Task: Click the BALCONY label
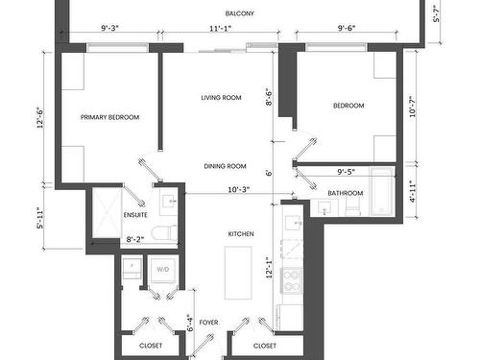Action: click(x=240, y=13)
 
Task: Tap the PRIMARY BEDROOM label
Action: click(x=109, y=117)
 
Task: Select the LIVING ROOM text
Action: click(x=221, y=98)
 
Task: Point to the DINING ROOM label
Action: click(x=225, y=166)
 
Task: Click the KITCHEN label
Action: click(x=241, y=234)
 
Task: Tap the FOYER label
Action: click(x=208, y=323)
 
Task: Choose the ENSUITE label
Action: click(x=135, y=215)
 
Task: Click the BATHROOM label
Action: click(x=346, y=193)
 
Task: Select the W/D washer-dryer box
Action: click(x=163, y=271)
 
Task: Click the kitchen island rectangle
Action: click(x=238, y=273)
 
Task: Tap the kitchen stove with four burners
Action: click(x=291, y=280)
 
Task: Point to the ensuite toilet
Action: click(x=164, y=233)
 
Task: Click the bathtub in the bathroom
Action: click(x=381, y=192)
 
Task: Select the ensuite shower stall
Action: click(x=108, y=213)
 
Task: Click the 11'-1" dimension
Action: click(x=221, y=29)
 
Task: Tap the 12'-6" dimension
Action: click(x=40, y=117)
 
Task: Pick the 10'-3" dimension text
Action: click(x=239, y=190)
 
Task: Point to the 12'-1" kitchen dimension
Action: click(x=269, y=268)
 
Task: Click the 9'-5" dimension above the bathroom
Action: click(x=347, y=172)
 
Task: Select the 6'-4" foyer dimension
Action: click(x=190, y=323)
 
